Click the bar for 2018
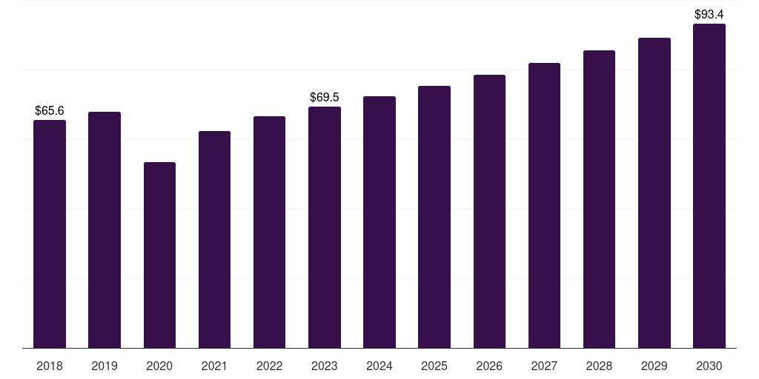tap(50, 234)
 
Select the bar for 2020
tap(160, 255)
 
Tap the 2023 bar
tap(325, 227)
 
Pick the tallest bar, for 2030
tap(709, 186)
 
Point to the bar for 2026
tap(489, 212)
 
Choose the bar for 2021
tap(214, 240)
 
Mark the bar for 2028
tap(599, 199)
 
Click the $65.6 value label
tap(50, 111)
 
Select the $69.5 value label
tap(325, 97)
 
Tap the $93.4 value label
tap(709, 15)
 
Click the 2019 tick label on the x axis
tap(105, 366)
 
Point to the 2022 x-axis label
tap(269, 366)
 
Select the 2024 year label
tap(379, 366)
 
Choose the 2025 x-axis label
tap(434, 366)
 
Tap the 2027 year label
tap(544, 366)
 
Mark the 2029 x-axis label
tap(654, 366)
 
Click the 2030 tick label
tap(709, 366)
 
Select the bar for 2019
tap(105, 230)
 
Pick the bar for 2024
tap(379, 222)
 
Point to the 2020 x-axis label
tap(160, 366)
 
